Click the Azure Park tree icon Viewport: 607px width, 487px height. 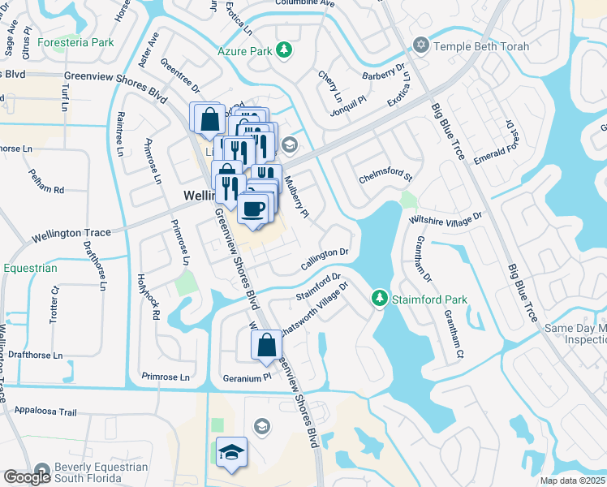[284, 51]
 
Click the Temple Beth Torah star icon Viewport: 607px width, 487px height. [420, 46]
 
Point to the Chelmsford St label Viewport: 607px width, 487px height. [387, 177]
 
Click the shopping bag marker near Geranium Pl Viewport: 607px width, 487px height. [266, 346]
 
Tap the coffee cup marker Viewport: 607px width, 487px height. [253, 209]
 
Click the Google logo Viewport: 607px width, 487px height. [28, 477]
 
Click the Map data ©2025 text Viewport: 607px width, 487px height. [573, 481]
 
